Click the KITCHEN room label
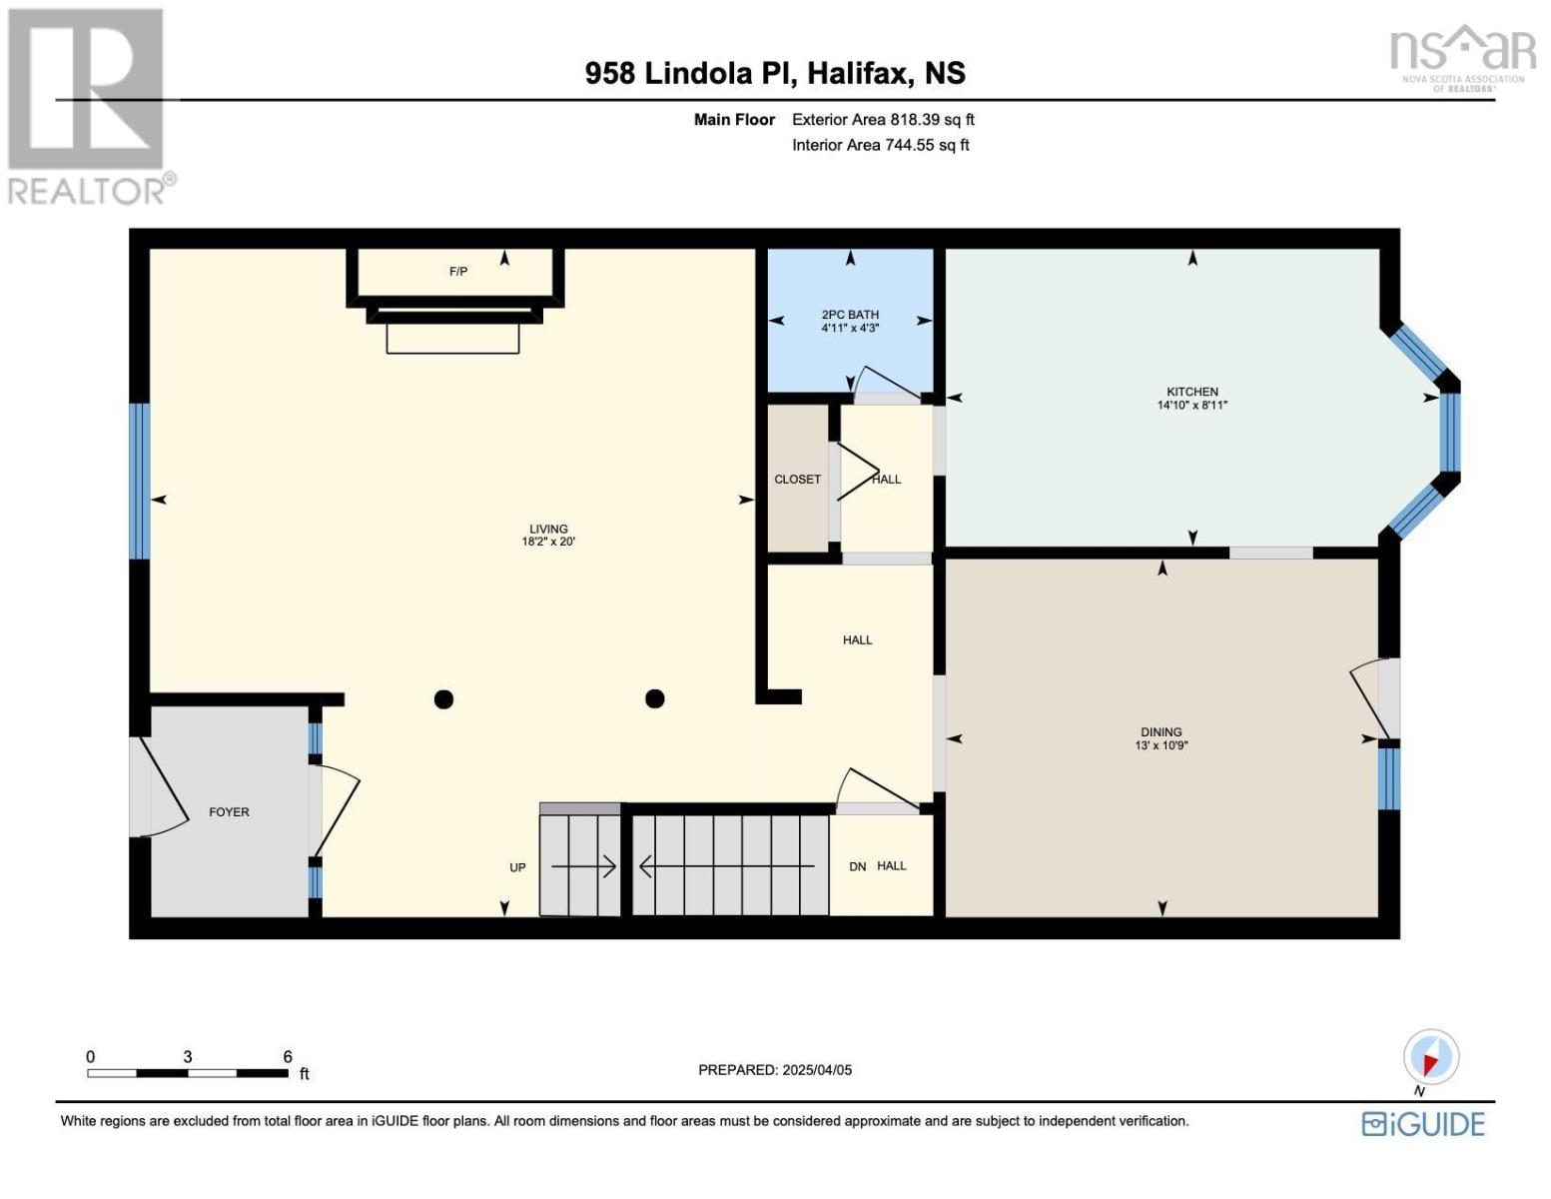[x=1192, y=392]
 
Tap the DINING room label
[x=1162, y=732]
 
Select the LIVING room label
[x=548, y=529]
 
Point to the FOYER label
[x=229, y=812]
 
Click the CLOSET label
[x=797, y=480]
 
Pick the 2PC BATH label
[x=850, y=314]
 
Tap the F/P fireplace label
[x=458, y=272]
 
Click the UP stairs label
[x=517, y=867]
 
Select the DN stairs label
[x=857, y=866]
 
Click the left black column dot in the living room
[x=444, y=699]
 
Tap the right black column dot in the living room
[x=654, y=698]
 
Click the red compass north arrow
[x=1430, y=1064]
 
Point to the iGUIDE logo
[x=1423, y=1124]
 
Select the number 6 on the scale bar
[x=288, y=1056]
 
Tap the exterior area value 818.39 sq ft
[x=932, y=119]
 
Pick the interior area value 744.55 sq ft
[x=927, y=145]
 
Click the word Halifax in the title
[x=861, y=74]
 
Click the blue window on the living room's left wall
[x=139, y=482]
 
